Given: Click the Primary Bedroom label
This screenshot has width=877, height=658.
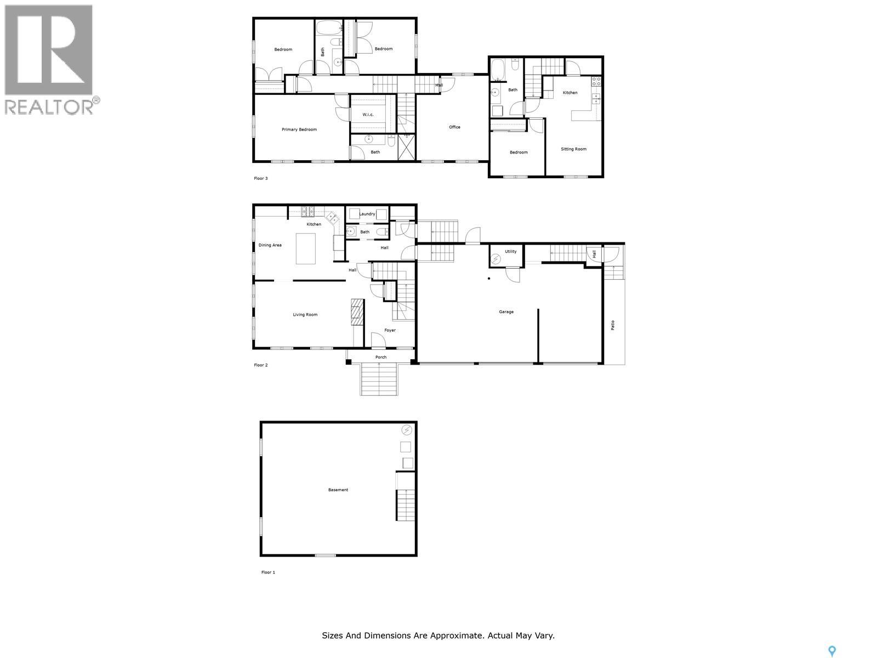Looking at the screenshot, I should point(299,130).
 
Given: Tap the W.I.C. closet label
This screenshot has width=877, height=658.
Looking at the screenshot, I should point(368,115).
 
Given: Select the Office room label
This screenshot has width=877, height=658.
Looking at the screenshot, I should point(454,127).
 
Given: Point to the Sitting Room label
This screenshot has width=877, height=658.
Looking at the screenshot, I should point(573,149).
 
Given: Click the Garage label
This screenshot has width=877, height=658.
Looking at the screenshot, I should point(506,312).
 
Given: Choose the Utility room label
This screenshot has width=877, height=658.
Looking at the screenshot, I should point(510,252).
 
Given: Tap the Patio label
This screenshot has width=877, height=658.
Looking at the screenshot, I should point(613,325).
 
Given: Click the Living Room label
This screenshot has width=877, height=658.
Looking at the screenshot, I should point(305,315).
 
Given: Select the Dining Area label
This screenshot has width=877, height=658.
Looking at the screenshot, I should point(270,245).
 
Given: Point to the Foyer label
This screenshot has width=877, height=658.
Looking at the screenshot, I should point(390,330).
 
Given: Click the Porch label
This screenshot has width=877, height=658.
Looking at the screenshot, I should point(381,358).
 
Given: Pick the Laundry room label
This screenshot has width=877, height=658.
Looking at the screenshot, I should point(367,214).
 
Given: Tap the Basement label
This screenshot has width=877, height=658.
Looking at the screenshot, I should point(338,490).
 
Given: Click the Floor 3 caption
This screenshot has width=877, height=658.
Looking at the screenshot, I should point(261,179).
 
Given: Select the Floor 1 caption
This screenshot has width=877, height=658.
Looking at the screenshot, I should point(268,572).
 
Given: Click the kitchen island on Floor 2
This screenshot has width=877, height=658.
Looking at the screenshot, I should point(306,249).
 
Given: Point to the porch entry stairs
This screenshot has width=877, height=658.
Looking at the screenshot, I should point(379,379).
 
